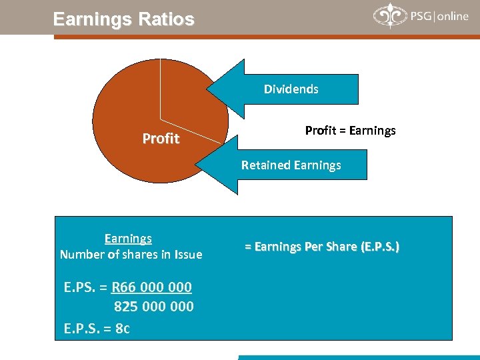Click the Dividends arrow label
point(291,89)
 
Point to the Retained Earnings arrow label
point(291,165)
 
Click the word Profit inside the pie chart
point(161,139)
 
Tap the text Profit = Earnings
point(350,131)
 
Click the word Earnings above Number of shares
point(128,238)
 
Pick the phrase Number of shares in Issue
point(131,254)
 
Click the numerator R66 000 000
point(151,287)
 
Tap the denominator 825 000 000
point(154,307)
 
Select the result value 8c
point(122,328)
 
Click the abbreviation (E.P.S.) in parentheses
point(379,247)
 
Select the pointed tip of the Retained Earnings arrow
point(197,165)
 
